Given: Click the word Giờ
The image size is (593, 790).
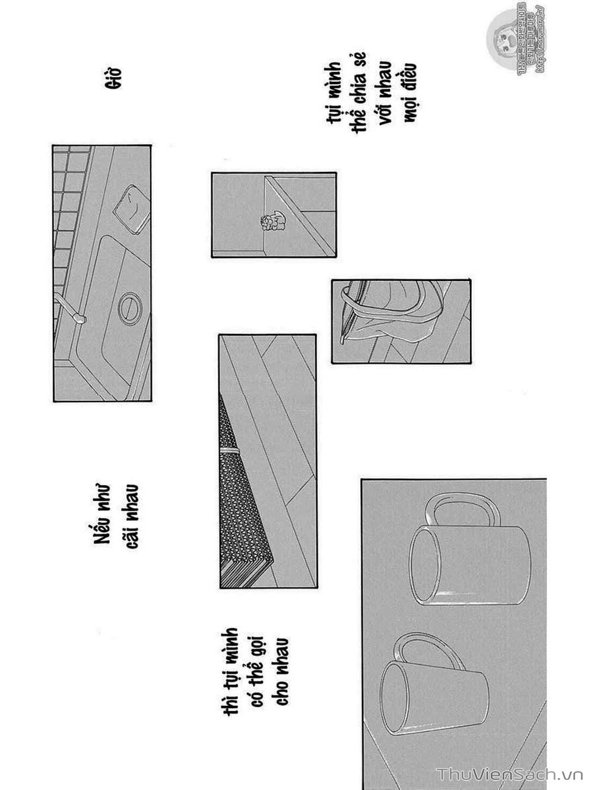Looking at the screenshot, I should point(113,78).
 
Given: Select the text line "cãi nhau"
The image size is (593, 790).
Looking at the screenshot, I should point(131,516).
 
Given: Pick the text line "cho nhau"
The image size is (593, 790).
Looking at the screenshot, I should point(282,671).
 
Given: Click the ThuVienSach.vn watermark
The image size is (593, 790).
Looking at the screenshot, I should point(510,775).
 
